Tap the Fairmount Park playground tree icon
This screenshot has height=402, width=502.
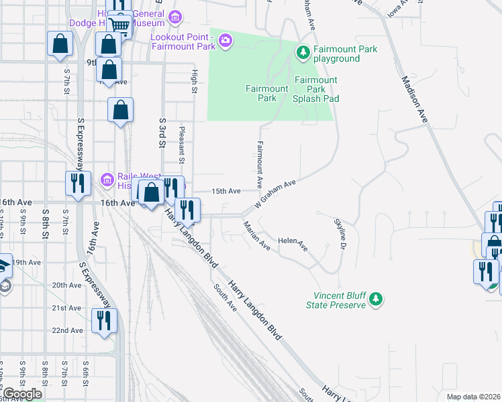[x=303, y=52]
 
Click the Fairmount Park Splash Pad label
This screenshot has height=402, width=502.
[x=315, y=89]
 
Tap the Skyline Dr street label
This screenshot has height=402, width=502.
[x=341, y=234]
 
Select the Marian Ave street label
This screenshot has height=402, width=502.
[x=256, y=236]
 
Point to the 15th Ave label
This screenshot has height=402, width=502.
[x=226, y=191]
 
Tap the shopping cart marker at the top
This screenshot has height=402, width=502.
[x=119, y=25]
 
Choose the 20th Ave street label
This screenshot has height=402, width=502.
[x=67, y=285]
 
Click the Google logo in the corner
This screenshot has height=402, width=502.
[x=21, y=394]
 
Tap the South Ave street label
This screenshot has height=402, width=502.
[x=225, y=297]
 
